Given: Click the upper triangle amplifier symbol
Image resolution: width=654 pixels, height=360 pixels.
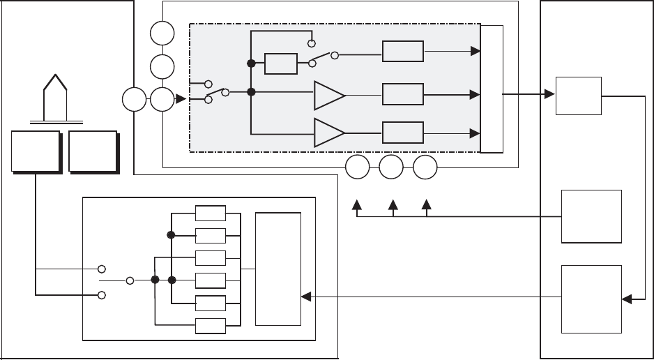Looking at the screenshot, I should [328, 96].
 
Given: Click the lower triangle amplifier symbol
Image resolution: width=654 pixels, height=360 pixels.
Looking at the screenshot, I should [328, 133].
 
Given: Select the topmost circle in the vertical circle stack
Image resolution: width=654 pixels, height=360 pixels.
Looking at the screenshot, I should [162, 33].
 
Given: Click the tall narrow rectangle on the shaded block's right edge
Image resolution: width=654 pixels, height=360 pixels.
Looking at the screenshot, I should [492, 88].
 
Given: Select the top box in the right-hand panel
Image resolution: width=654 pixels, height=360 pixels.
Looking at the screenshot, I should [579, 96].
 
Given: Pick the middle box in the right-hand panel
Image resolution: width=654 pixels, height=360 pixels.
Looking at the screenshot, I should [592, 216].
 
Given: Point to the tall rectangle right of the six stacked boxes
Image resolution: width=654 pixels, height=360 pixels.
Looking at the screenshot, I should [278, 269].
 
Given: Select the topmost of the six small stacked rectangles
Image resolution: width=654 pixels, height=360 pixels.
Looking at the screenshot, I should [211, 213].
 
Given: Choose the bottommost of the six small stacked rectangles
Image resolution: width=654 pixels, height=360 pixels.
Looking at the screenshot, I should [211, 326].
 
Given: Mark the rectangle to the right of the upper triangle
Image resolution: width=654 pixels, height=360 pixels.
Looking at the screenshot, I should [403, 94].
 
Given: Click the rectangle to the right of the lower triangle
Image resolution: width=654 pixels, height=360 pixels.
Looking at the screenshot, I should [403, 132].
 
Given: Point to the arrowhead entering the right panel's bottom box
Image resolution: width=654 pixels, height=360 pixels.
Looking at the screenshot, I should [627, 299].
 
